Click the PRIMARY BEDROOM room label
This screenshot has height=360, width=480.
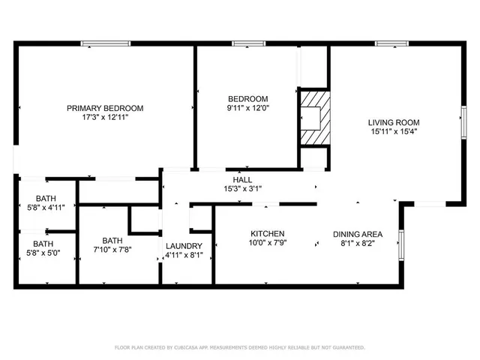click(x=105, y=108)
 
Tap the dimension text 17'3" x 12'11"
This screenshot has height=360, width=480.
click(x=105, y=118)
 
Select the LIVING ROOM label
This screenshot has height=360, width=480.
click(x=393, y=122)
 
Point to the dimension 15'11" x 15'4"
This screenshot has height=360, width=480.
click(x=393, y=132)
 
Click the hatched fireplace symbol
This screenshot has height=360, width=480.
click(x=313, y=116)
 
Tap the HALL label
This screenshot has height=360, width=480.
click(x=242, y=180)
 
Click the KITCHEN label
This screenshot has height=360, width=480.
click(x=268, y=233)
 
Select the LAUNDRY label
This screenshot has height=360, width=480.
click(x=184, y=246)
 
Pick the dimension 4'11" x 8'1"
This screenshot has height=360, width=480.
click(x=184, y=256)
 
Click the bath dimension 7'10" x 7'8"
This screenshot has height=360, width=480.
click(x=112, y=250)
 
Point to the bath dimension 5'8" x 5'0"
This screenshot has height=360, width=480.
click(x=43, y=253)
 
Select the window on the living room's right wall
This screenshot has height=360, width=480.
click(x=463, y=124)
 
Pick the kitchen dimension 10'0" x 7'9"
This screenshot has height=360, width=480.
click(x=268, y=243)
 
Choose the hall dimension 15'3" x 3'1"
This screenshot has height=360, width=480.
click(x=242, y=190)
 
